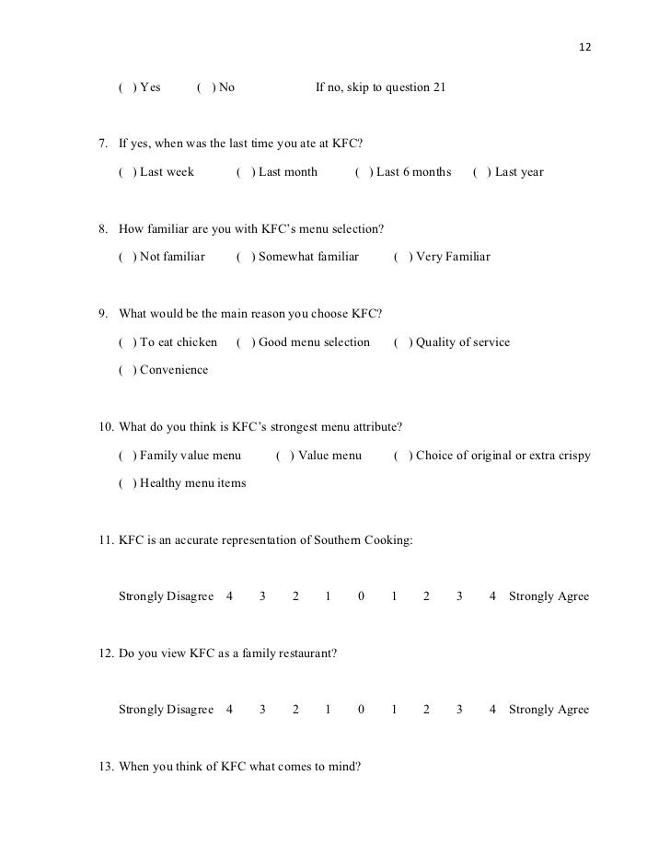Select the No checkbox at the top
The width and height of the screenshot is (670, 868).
205,87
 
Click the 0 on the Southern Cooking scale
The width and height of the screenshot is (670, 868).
361,596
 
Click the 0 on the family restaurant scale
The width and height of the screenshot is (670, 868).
361,710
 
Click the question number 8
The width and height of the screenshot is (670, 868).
103,228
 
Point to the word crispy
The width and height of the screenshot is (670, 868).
572,456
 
